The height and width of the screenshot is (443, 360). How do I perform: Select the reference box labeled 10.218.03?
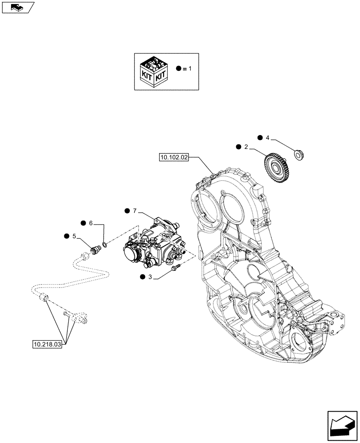pos(47,344)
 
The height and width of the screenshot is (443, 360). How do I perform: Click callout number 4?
pos(267,138)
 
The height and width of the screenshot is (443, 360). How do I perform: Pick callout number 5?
pos(74,236)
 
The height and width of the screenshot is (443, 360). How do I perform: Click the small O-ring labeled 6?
pos(104,244)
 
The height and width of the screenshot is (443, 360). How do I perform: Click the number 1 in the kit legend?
pos(191,69)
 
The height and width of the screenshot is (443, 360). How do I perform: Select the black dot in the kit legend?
pos(178,69)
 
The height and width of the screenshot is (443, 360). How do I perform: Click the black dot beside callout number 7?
pos(127,211)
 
